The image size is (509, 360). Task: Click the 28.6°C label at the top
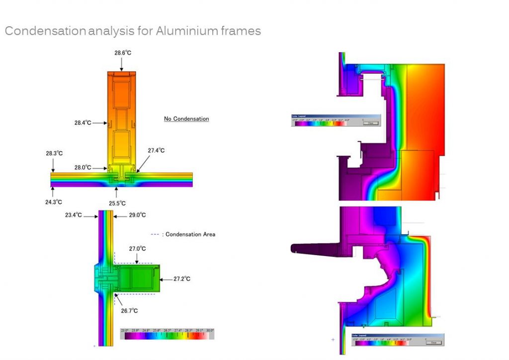click(123, 53)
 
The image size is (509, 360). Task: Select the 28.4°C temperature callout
click(83, 122)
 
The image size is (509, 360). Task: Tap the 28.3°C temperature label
click(55, 153)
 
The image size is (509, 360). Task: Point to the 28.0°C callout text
click(83, 168)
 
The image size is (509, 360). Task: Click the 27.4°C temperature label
click(156, 150)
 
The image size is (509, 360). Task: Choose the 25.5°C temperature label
click(117, 203)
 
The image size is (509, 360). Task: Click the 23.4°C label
click(74, 215)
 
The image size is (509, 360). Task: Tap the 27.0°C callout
click(137, 248)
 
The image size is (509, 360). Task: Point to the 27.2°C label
click(182, 279)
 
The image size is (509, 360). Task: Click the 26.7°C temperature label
click(129, 311)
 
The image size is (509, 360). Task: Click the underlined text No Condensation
click(186, 119)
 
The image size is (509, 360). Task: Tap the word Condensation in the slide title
click(45, 31)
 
